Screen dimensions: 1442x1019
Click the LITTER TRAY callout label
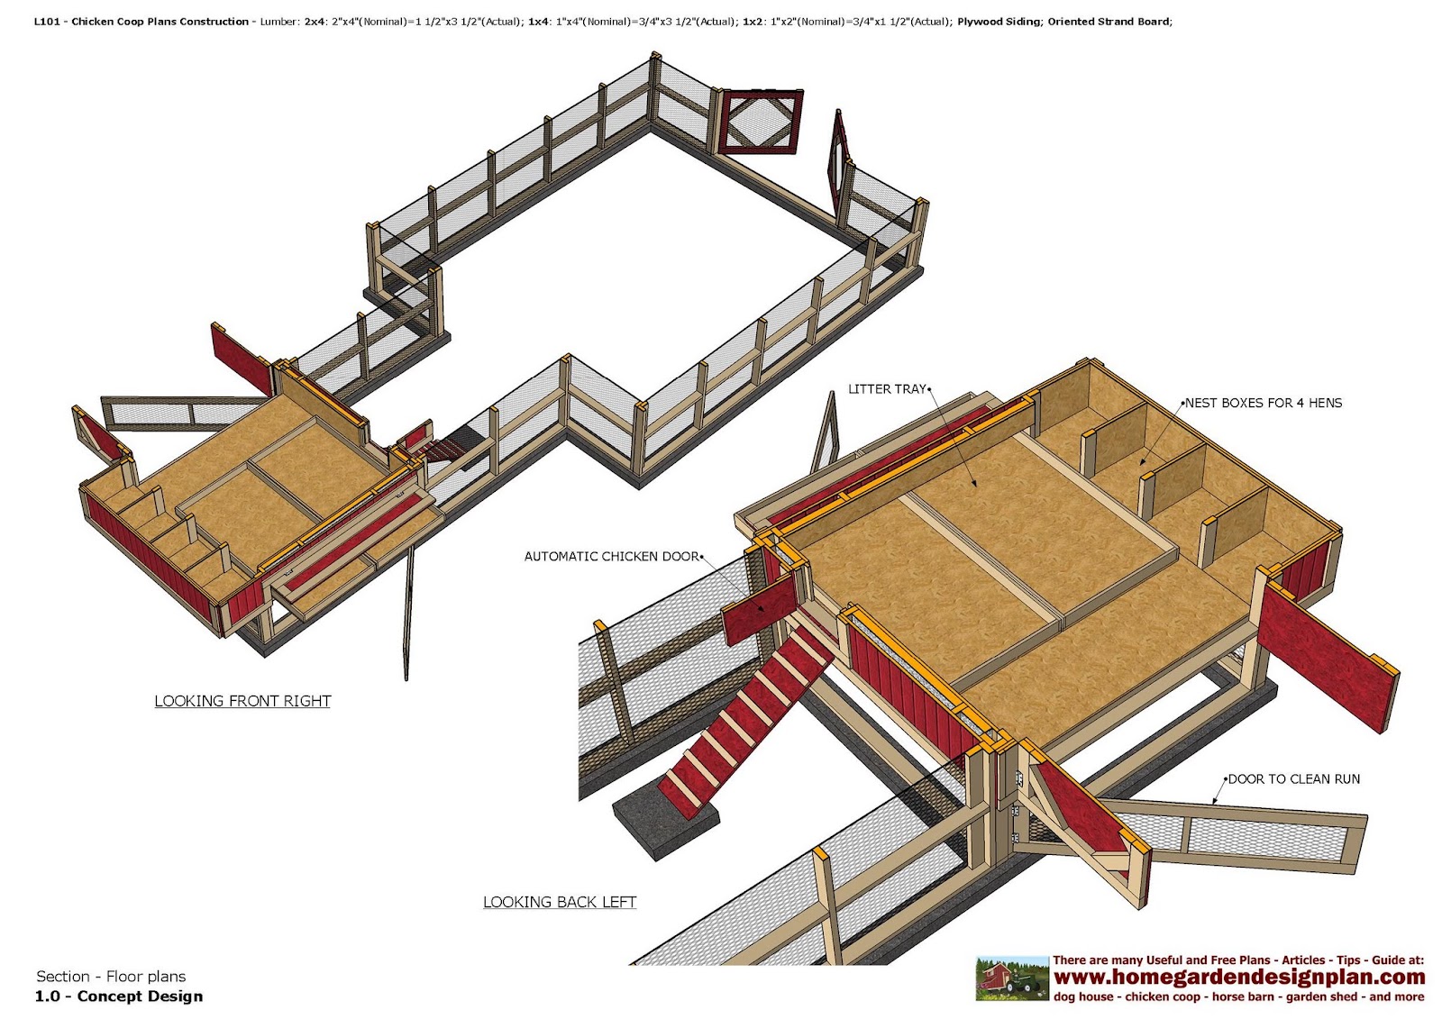(x=887, y=389)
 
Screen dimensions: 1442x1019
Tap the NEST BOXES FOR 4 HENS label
(x=1263, y=403)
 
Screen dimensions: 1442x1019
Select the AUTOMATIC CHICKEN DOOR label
(x=612, y=557)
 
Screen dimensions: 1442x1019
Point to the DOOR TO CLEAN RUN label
(x=1293, y=779)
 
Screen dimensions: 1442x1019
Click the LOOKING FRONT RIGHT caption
(x=242, y=701)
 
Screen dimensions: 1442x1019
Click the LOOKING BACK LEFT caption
(x=560, y=902)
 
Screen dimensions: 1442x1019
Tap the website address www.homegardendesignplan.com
(x=1239, y=978)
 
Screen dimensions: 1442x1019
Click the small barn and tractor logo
(x=1012, y=978)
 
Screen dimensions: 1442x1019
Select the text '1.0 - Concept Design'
(x=119, y=996)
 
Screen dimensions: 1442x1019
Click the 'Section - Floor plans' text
(x=111, y=977)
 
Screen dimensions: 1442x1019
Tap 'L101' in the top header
(x=47, y=22)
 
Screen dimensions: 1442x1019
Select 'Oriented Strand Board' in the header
(x=1109, y=22)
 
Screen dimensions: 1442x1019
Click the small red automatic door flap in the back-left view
(x=760, y=609)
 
